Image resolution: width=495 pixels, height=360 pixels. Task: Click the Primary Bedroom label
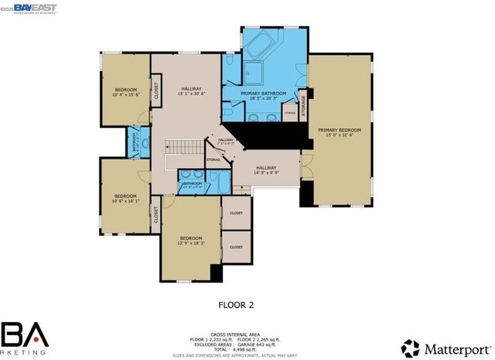click(340, 131)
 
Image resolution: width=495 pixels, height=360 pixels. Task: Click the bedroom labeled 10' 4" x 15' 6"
click(125, 91)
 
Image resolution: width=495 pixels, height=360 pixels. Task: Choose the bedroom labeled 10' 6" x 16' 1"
click(125, 199)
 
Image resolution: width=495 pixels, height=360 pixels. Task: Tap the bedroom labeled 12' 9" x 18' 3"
click(190, 241)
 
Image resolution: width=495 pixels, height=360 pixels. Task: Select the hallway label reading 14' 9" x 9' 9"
click(267, 170)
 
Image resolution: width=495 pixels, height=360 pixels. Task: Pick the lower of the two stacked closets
click(236, 247)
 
